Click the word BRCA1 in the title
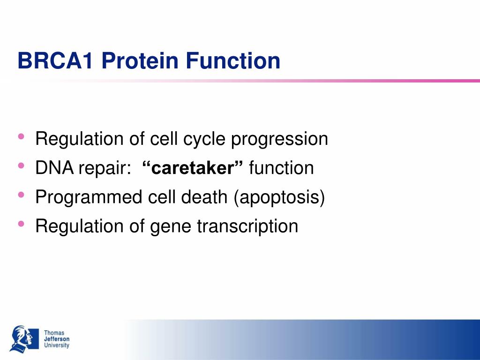55,60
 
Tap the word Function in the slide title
233,60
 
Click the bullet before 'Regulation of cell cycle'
21,136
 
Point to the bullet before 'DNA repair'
21,165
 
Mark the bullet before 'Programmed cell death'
21,195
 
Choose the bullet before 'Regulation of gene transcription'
21,224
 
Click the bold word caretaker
193,168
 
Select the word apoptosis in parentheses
279,198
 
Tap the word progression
279,140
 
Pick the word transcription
247,226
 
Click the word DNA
54,168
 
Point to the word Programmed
89,197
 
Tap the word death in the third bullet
204,197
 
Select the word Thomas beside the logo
54,333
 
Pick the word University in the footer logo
57,345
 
